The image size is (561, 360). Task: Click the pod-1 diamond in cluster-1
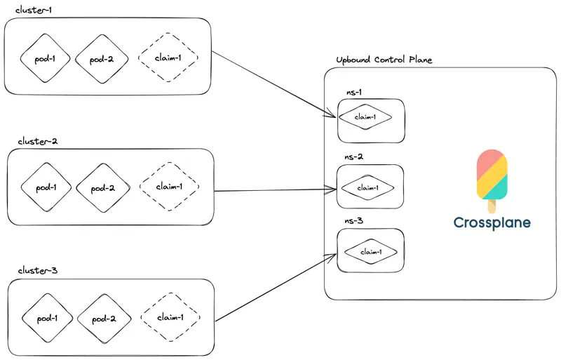(x=46, y=58)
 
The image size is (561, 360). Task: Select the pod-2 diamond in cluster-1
(x=102, y=58)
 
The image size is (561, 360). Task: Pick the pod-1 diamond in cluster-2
(x=46, y=187)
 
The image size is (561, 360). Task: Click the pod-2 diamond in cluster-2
(x=102, y=187)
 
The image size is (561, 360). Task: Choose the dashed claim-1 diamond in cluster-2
(x=169, y=187)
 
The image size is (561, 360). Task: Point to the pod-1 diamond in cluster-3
(x=47, y=318)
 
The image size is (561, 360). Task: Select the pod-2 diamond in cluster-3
(x=102, y=318)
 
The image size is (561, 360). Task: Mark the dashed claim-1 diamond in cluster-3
(x=170, y=317)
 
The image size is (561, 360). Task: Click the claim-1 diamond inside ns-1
(x=365, y=117)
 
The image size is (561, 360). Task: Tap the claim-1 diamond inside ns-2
(x=368, y=187)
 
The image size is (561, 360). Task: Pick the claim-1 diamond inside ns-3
(x=370, y=252)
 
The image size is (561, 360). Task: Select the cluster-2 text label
(x=38, y=141)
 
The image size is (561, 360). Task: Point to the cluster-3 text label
(x=37, y=271)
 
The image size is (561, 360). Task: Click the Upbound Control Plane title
(x=384, y=60)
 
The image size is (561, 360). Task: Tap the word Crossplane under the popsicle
(x=492, y=223)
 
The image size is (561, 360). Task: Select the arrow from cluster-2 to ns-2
(x=273, y=189)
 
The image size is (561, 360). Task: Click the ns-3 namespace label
(x=353, y=220)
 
